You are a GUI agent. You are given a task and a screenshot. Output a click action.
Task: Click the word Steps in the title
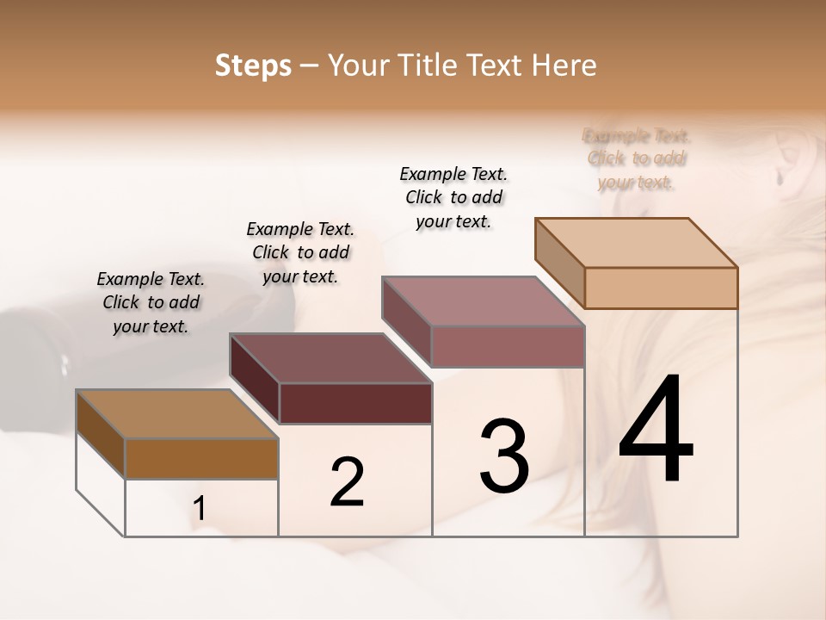(253, 65)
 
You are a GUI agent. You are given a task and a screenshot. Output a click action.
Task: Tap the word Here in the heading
(565, 65)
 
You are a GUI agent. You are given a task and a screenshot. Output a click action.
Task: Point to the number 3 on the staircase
(503, 456)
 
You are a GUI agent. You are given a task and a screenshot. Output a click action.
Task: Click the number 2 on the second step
(347, 481)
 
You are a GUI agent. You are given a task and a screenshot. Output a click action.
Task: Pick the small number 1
(200, 509)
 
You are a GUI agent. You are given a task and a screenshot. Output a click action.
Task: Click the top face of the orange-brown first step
(176, 414)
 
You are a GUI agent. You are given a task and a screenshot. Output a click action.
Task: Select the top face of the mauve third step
(483, 301)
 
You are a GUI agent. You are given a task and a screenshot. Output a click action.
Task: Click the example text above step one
(151, 302)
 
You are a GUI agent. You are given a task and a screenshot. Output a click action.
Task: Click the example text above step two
(300, 252)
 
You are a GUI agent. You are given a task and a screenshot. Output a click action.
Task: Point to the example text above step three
(453, 197)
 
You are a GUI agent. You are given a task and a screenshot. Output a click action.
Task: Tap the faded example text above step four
(636, 158)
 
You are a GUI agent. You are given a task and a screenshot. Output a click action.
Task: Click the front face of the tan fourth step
(661, 288)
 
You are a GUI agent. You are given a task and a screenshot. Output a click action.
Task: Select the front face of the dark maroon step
(355, 403)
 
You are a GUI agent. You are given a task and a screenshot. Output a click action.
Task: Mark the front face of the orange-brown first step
(201, 458)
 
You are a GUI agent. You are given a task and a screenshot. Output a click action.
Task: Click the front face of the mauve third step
(508, 346)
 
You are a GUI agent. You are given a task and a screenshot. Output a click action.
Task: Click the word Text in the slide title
(501, 65)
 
